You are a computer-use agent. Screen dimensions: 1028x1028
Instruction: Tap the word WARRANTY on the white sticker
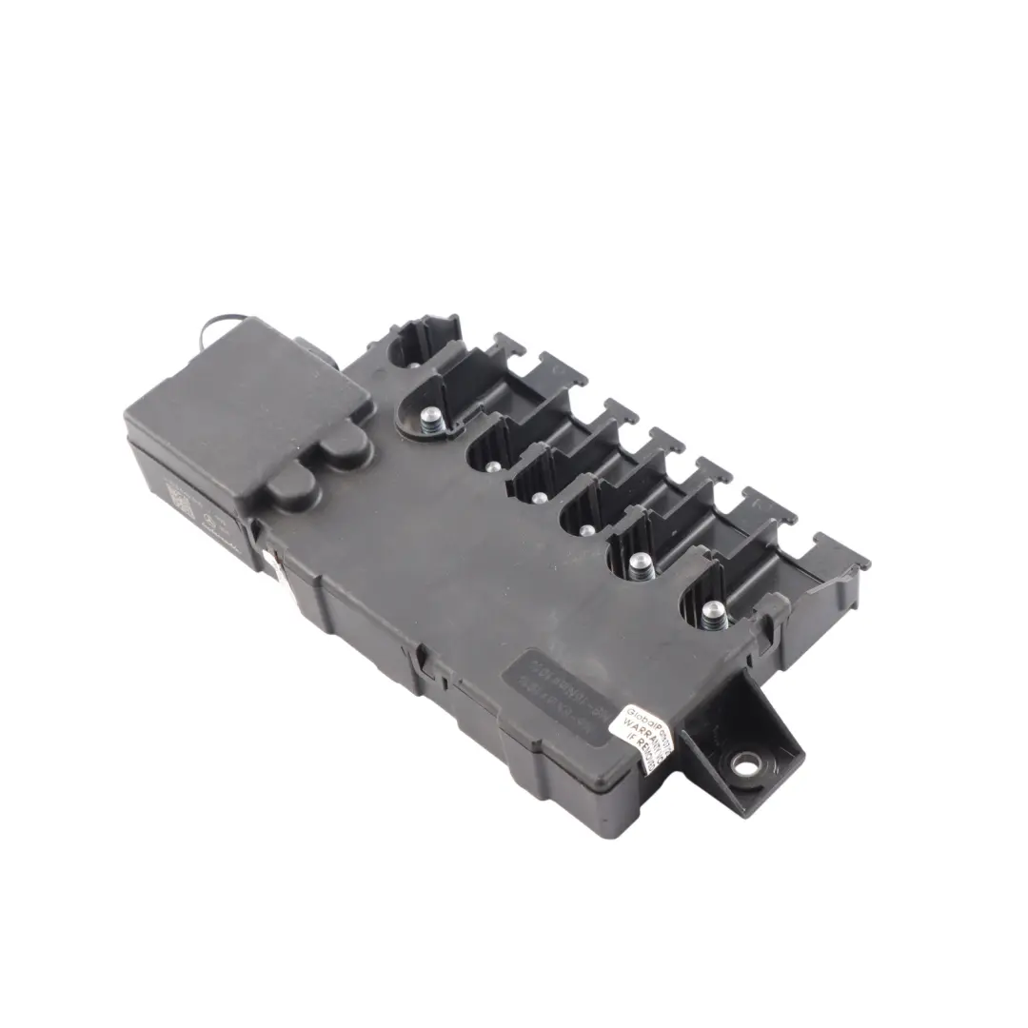[644, 734]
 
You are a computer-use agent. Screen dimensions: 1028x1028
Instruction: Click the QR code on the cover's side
[180, 498]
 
